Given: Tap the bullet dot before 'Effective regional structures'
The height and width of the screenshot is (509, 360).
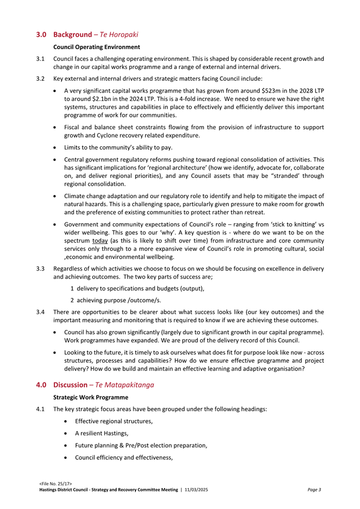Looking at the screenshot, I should pyautogui.click(x=68, y=421).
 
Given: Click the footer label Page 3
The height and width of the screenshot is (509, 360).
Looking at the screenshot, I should pyautogui.click(x=315, y=489).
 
